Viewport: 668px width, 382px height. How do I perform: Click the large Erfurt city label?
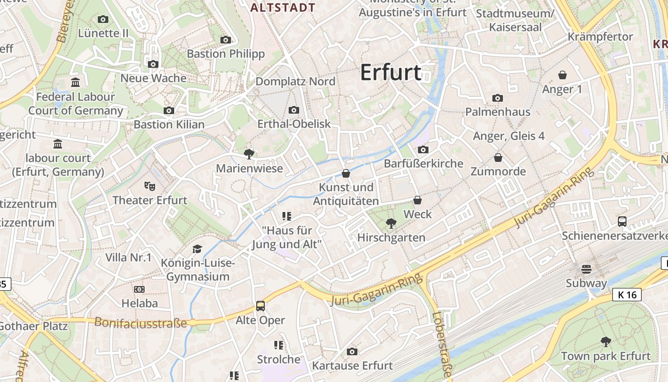(x=390, y=73)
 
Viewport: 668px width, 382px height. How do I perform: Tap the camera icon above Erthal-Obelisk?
(x=294, y=110)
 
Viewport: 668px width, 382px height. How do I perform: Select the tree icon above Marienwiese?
(x=249, y=154)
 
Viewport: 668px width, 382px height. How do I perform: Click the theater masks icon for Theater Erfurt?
(x=149, y=186)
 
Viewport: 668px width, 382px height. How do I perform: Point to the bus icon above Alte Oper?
(x=261, y=306)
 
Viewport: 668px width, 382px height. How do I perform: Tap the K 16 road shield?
(x=627, y=295)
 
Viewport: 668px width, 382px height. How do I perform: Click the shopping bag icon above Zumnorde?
(x=498, y=158)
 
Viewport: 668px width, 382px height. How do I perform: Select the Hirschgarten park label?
(x=391, y=237)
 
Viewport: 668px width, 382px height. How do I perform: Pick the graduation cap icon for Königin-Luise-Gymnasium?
(x=197, y=249)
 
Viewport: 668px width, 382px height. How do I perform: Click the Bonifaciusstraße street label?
(x=141, y=323)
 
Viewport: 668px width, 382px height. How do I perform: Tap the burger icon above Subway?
(x=586, y=269)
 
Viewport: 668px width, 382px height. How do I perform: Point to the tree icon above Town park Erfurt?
(x=605, y=342)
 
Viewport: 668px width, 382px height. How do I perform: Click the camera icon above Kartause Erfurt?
(x=352, y=352)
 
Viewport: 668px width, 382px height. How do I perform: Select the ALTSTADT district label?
(x=283, y=8)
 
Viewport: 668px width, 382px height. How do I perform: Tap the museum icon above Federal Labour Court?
(x=75, y=83)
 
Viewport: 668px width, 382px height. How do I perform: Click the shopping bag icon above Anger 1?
(x=563, y=75)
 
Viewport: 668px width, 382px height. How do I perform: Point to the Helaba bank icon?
(x=139, y=289)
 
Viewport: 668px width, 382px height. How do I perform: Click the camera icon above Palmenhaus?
(x=498, y=98)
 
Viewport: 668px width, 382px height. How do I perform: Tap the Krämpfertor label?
(x=600, y=37)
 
